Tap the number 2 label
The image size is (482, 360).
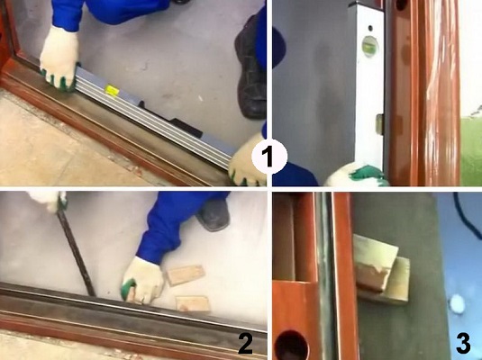click(x=245, y=344)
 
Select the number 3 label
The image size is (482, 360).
click(x=463, y=344)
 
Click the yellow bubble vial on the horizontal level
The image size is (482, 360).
click(x=112, y=90)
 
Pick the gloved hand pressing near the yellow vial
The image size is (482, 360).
click(x=59, y=59)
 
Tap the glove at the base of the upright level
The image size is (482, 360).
click(x=357, y=175)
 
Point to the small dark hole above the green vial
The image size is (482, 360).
click(x=370, y=28)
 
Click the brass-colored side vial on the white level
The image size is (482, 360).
click(x=380, y=124)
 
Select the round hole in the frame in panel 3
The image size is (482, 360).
click(x=291, y=346)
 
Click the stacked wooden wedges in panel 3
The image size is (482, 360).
click(x=382, y=270)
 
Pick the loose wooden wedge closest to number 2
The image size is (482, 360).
click(x=193, y=303)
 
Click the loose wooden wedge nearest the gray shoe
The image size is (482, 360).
click(x=186, y=274)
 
